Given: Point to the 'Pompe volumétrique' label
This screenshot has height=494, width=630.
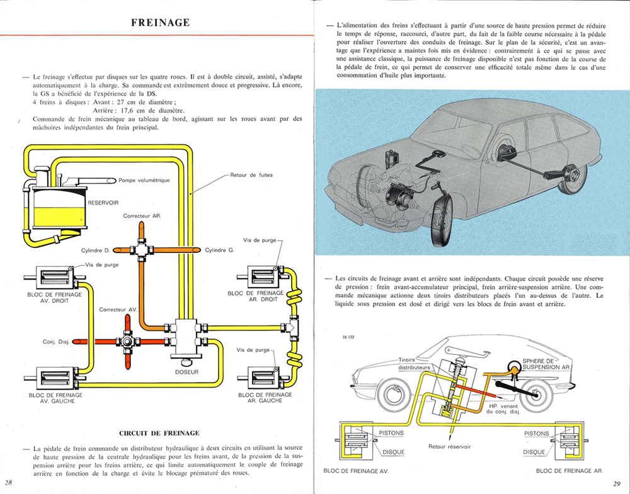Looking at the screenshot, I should (x=144, y=181).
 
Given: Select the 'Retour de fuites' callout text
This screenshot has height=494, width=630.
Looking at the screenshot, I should (x=252, y=175).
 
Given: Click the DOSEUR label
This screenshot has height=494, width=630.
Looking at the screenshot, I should (x=186, y=372).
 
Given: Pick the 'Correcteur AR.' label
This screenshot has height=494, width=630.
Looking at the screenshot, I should (x=142, y=216).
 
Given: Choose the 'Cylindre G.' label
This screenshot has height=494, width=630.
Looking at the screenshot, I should (x=220, y=250).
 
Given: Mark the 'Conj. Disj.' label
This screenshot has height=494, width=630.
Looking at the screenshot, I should (x=56, y=342).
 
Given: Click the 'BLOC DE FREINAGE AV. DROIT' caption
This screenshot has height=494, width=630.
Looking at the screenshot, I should (x=56, y=297).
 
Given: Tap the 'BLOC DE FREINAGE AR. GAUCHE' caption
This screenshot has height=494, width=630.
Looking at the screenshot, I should (x=265, y=398).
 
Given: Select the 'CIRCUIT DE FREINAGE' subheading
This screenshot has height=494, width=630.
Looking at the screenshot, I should (x=159, y=433).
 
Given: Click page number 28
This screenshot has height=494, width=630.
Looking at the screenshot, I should (x=9, y=482).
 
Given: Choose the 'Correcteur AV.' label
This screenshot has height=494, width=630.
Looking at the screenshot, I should (x=118, y=310).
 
